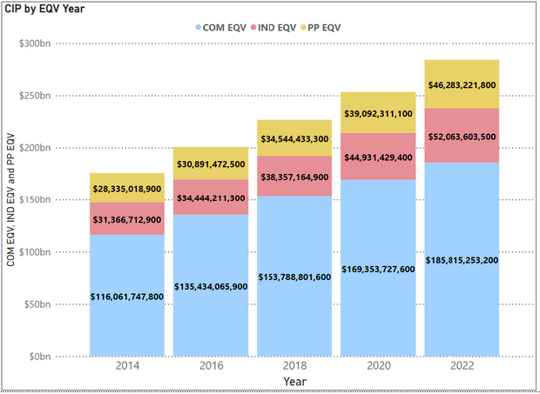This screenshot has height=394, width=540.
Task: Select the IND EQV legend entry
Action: pyautogui.click(x=279, y=28)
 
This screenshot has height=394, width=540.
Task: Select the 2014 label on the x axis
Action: pyautogui.click(x=126, y=367)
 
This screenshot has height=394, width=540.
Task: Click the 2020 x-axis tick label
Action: pyautogui.click(x=378, y=367)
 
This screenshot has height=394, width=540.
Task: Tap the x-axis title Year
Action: pyautogui.click(x=295, y=382)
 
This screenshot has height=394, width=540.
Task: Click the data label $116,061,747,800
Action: pyautogui.click(x=126, y=297)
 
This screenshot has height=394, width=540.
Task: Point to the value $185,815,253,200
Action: pyautogui.click(x=462, y=260)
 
